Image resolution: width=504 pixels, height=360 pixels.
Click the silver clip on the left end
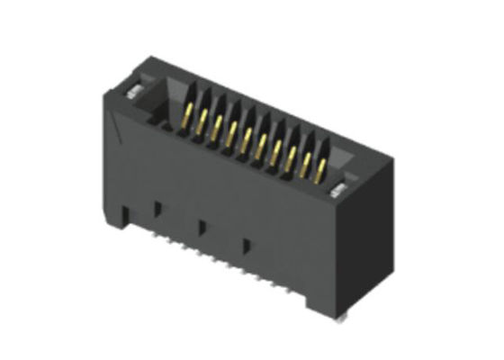(x=132, y=90)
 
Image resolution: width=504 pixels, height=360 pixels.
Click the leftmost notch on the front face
(x=157, y=209)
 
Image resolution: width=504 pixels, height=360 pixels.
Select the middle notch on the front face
(x=202, y=226)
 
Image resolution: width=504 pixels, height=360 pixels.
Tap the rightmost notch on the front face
(x=244, y=244)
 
